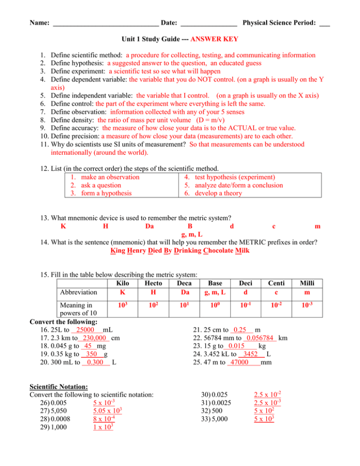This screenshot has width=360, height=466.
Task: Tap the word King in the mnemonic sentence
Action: coord(119,251)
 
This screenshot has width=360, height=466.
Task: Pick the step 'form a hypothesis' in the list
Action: coord(106,193)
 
